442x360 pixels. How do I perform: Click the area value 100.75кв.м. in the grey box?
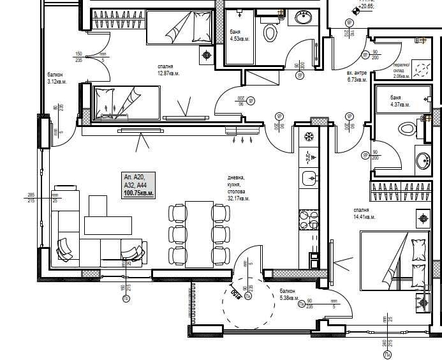coord(139,192)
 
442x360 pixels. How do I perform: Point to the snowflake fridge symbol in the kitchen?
coord(308,137)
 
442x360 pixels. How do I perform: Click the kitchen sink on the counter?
coord(309,178)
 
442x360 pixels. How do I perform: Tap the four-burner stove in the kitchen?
coord(309,220)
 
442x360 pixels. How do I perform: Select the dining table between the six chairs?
coord(199,234)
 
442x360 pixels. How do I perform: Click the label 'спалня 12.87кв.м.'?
coord(169,70)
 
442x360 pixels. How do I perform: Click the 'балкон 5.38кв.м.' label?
coord(289,294)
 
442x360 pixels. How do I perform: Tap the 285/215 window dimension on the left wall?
coord(30,198)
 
